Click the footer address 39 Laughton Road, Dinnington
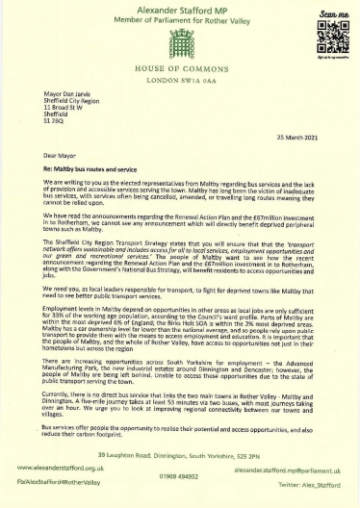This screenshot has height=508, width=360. coord(180,454)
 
